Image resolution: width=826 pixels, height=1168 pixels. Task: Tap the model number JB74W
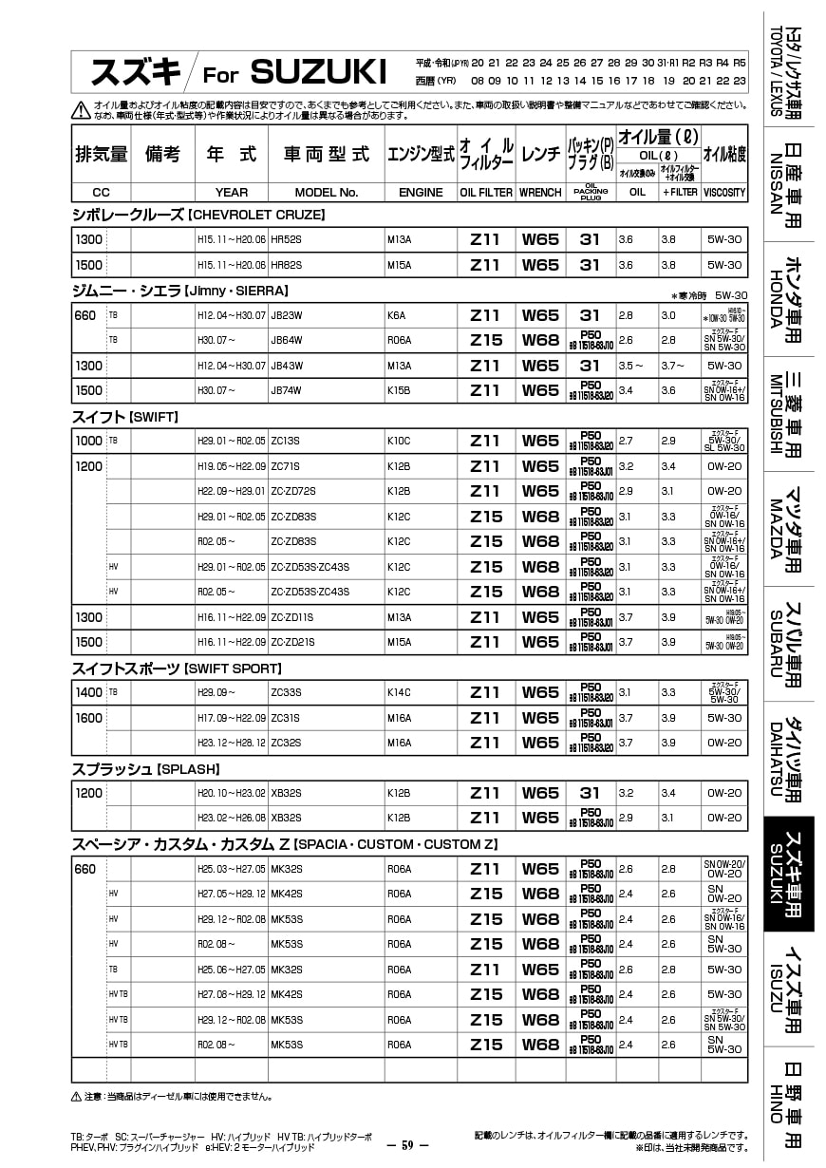pyautogui.click(x=287, y=390)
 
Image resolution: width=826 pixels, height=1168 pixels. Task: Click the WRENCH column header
pyautogui.click(x=540, y=192)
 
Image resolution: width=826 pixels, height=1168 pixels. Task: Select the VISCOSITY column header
pyautogui.click(x=724, y=192)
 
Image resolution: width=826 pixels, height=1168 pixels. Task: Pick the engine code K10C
pyautogui.click(x=399, y=441)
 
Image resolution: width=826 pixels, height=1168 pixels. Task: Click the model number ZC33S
pyautogui.click(x=286, y=693)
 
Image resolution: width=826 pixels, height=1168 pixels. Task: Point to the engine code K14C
pyautogui.click(x=399, y=693)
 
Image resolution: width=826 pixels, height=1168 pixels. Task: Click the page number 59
pyautogui.click(x=409, y=1145)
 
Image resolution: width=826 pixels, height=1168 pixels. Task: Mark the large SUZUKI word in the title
pyautogui.click(x=319, y=71)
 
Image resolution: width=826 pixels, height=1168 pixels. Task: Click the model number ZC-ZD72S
pyautogui.click(x=293, y=491)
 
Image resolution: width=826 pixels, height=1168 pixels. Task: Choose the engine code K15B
pyautogui.click(x=399, y=390)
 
